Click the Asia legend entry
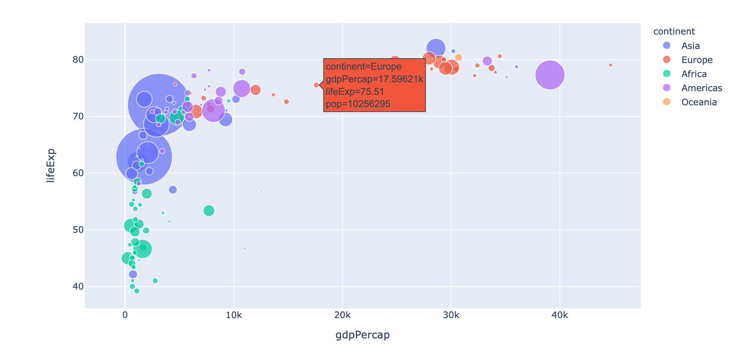(x=690, y=46)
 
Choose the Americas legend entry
(x=702, y=88)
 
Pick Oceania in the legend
(x=699, y=102)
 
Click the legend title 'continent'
(x=674, y=32)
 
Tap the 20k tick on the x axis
(x=342, y=315)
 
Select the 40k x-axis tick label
(x=559, y=315)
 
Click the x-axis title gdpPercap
(x=362, y=335)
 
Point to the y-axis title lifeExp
(x=50, y=165)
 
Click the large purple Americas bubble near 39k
(x=550, y=75)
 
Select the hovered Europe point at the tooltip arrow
(x=316, y=85)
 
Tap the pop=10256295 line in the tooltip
(x=358, y=104)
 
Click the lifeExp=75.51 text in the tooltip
(x=355, y=92)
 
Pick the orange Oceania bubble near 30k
(x=459, y=57)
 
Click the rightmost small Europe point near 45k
(x=610, y=65)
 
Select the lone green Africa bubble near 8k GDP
(x=209, y=211)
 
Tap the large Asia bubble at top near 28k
(x=436, y=48)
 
